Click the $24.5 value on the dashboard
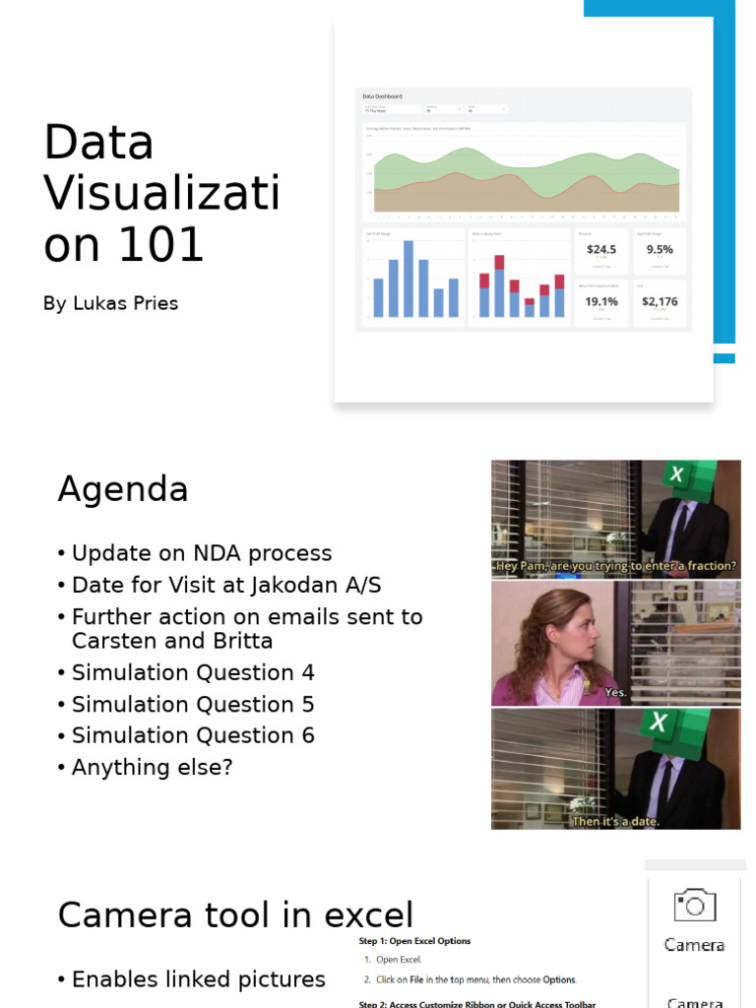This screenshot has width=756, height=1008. tap(600, 250)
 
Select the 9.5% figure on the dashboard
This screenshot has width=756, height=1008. tap(660, 250)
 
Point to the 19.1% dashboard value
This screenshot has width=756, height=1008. tap(600, 302)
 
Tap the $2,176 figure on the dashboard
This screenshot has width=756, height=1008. tap(660, 302)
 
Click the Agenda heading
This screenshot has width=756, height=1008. tap(122, 489)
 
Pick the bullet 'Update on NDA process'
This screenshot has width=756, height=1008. tap(202, 553)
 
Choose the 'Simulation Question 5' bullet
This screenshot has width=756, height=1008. tap(193, 704)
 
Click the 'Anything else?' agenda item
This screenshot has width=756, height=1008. tap(152, 767)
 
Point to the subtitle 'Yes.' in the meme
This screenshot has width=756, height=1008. tap(615, 692)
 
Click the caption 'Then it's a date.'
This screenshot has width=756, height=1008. tap(615, 821)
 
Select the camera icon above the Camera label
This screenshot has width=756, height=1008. tap(694, 906)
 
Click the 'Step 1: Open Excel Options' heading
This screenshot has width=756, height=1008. tap(414, 941)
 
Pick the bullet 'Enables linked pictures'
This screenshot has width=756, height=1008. tap(198, 979)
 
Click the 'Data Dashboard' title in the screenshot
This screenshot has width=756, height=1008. tap(382, 96)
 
